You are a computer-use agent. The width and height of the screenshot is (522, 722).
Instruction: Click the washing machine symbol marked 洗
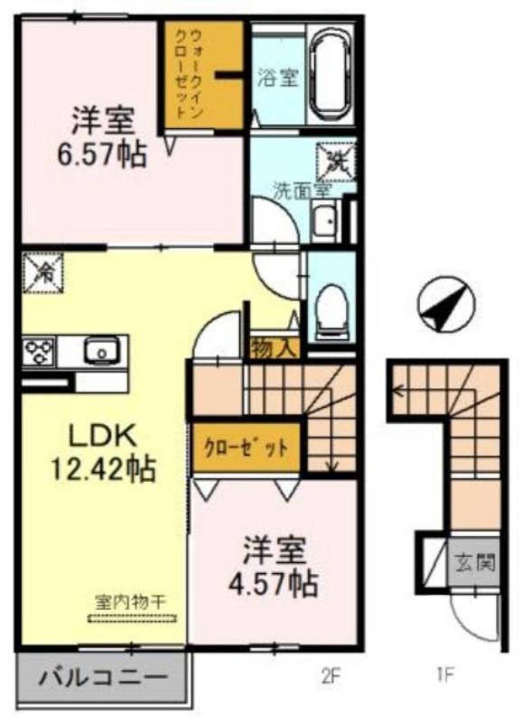[x=332, y=162]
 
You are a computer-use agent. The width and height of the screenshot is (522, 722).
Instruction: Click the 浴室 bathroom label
[x=277, y=78]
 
